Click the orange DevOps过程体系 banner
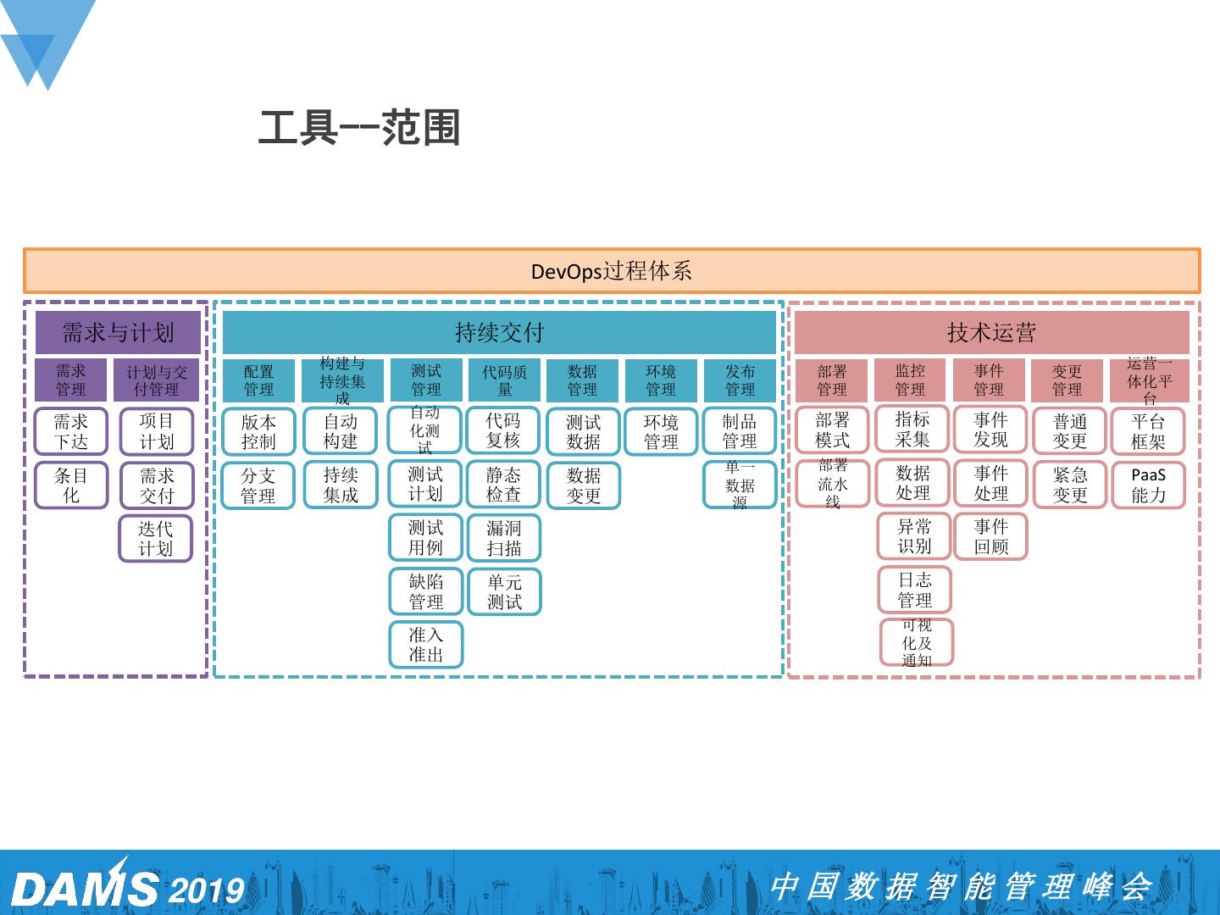point(611,271)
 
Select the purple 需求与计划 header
point(118,332)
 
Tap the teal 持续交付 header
point(499,332)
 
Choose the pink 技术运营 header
point(991,332)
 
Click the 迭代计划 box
point(156,539)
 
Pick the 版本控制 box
point(258,432)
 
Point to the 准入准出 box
point(425,645)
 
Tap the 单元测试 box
point(504,592)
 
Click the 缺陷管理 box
point(425,591)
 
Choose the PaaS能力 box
point(1148,485)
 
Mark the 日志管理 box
point(915,591)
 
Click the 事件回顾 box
point(990,537)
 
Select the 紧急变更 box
point(1069,485)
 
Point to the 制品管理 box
point(740,432)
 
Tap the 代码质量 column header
point(504,380)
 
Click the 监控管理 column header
point(910,380)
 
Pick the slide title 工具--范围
point(358,129)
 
